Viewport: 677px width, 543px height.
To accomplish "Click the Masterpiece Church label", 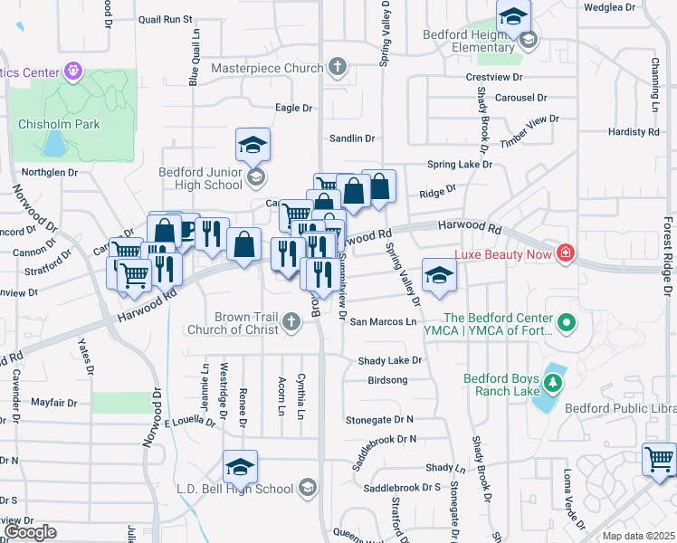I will [x=267, y=68].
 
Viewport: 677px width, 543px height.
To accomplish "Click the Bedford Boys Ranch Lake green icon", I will [x=552, y=385].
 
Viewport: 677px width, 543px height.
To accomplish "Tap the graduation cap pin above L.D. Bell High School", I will [x=240, y=467].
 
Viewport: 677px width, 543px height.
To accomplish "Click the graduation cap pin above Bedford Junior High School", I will [x=253, y=145].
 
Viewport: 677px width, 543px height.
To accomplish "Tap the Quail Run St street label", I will [x=167, y=19].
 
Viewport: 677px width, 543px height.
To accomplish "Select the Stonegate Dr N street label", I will [x=380, y=420].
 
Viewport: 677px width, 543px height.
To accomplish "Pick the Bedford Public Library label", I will [x=619, y=409].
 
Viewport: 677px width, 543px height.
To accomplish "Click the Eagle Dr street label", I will [x=293, y=108].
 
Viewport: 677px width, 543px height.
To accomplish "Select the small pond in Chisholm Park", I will [x=54, y=143].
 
